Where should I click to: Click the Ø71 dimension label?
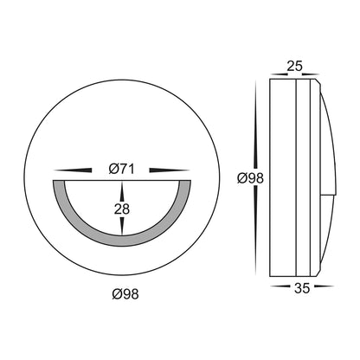(x=121, y=169)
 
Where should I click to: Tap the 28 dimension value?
(x=122, y=209)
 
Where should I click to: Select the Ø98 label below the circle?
(x=125, y=294)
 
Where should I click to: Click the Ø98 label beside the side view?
(x=250, y=178)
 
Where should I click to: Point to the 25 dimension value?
(x=294, y=67)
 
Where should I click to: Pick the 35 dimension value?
(x=302, y=288)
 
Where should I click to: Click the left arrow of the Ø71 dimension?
(x=73, y=170)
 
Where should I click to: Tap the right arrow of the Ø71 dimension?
(x=170, y=170)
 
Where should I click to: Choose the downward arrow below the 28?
(x=122, y=226)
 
